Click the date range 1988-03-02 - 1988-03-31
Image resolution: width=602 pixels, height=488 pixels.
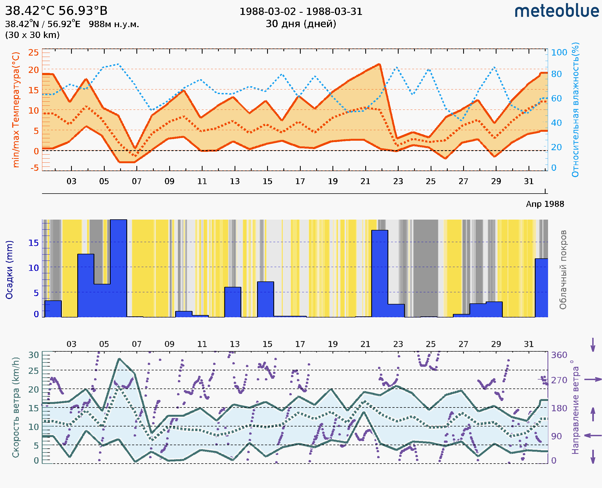point(301,12)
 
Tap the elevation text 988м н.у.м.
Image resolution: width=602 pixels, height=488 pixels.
point(114,24)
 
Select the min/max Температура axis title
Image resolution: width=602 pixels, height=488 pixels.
point(16,110)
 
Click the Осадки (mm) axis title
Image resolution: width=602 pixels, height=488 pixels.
point(9,270)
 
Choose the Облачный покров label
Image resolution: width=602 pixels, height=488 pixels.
point(563,270)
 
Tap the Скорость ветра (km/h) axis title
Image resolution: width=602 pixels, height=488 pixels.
point(16,407)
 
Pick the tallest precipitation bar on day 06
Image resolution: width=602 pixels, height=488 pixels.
point(119,268)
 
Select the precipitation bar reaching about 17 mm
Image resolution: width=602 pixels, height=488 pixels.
point(380,274)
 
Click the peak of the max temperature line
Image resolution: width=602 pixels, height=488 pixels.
point(380,64)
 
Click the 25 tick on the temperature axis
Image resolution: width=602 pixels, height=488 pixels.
point(33,53)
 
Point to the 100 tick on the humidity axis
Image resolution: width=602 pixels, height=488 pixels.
point(559,53)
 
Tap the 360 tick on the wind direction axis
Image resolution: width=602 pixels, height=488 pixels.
point(559,355)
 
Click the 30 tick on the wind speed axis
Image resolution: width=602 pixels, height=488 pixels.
point(33,355)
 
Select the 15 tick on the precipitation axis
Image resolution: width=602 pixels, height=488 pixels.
point(33,243)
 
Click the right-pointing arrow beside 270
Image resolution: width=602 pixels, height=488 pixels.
point(593,380)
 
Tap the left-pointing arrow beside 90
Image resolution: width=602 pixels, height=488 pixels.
point(593,436)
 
